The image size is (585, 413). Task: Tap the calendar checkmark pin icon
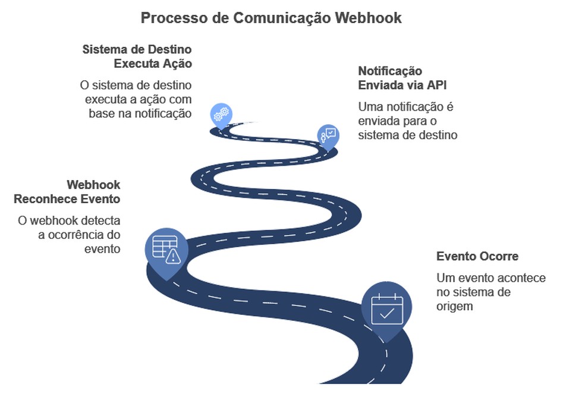(x=387, y=310)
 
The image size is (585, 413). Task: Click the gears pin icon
(x=221, y=114)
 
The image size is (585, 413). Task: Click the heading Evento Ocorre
(x=477, y=257)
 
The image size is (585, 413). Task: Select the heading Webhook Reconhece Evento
(x=67, y=192)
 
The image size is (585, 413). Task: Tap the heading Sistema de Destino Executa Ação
(x=137, y=56)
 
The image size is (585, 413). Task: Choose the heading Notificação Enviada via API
(x=402, y=78)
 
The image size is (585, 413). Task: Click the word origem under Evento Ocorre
(x=455, y=307)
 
